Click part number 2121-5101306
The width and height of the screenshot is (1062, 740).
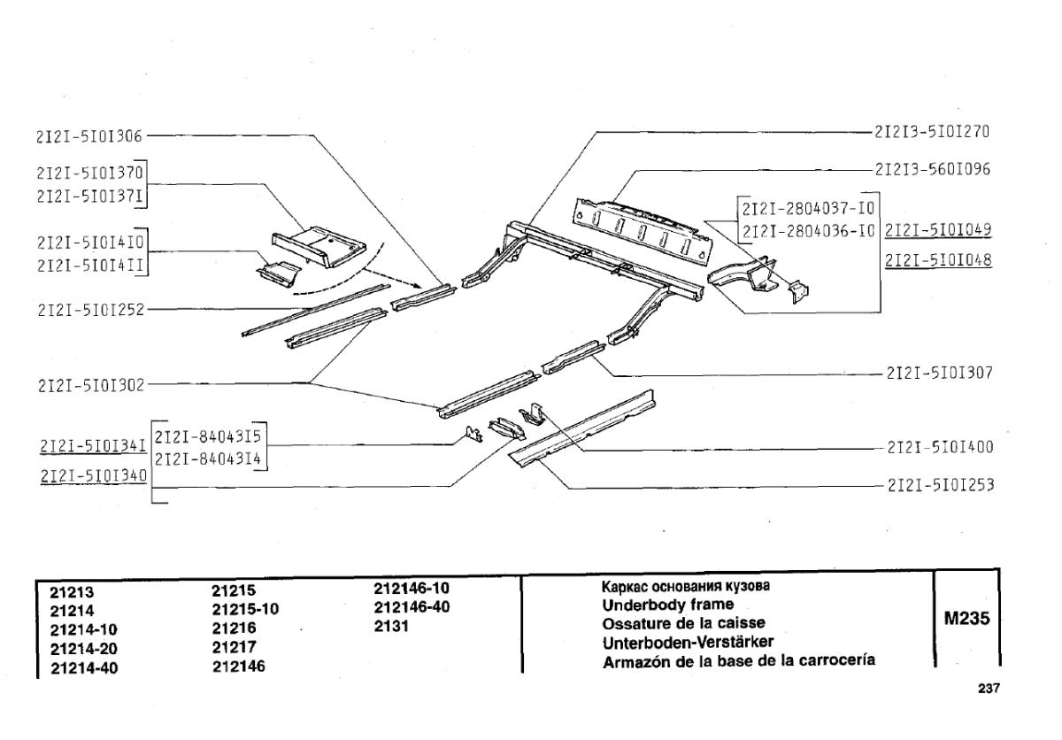(89, 136)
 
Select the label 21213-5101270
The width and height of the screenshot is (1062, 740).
(932, 132)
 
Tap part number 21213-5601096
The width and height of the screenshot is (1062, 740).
(933, 169)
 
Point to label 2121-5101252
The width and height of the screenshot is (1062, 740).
(91, 310)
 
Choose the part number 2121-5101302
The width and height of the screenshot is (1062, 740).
(91, 385)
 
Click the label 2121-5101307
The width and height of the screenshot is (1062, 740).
(940, 373)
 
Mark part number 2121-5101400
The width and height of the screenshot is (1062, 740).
(940, 447)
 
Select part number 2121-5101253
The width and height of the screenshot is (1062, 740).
(941, 485)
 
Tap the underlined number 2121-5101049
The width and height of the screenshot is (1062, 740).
(938, 230)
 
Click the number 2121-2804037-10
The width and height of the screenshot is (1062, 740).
(808, 209)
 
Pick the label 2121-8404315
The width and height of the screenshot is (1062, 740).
(208, 436)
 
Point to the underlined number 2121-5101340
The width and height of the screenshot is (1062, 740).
(94, 476)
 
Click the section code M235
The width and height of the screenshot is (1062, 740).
(966, 618)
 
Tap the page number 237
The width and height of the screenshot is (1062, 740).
(989, 688)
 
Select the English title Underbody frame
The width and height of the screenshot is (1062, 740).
(667, 605)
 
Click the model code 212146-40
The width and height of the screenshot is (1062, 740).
(412, 607)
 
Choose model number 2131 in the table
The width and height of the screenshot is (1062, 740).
(391, 626)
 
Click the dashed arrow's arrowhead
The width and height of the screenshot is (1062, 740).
(417, 285)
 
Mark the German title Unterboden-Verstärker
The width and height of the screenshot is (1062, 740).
(688, 643)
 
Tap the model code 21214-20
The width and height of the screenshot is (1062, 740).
(83, 649)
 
